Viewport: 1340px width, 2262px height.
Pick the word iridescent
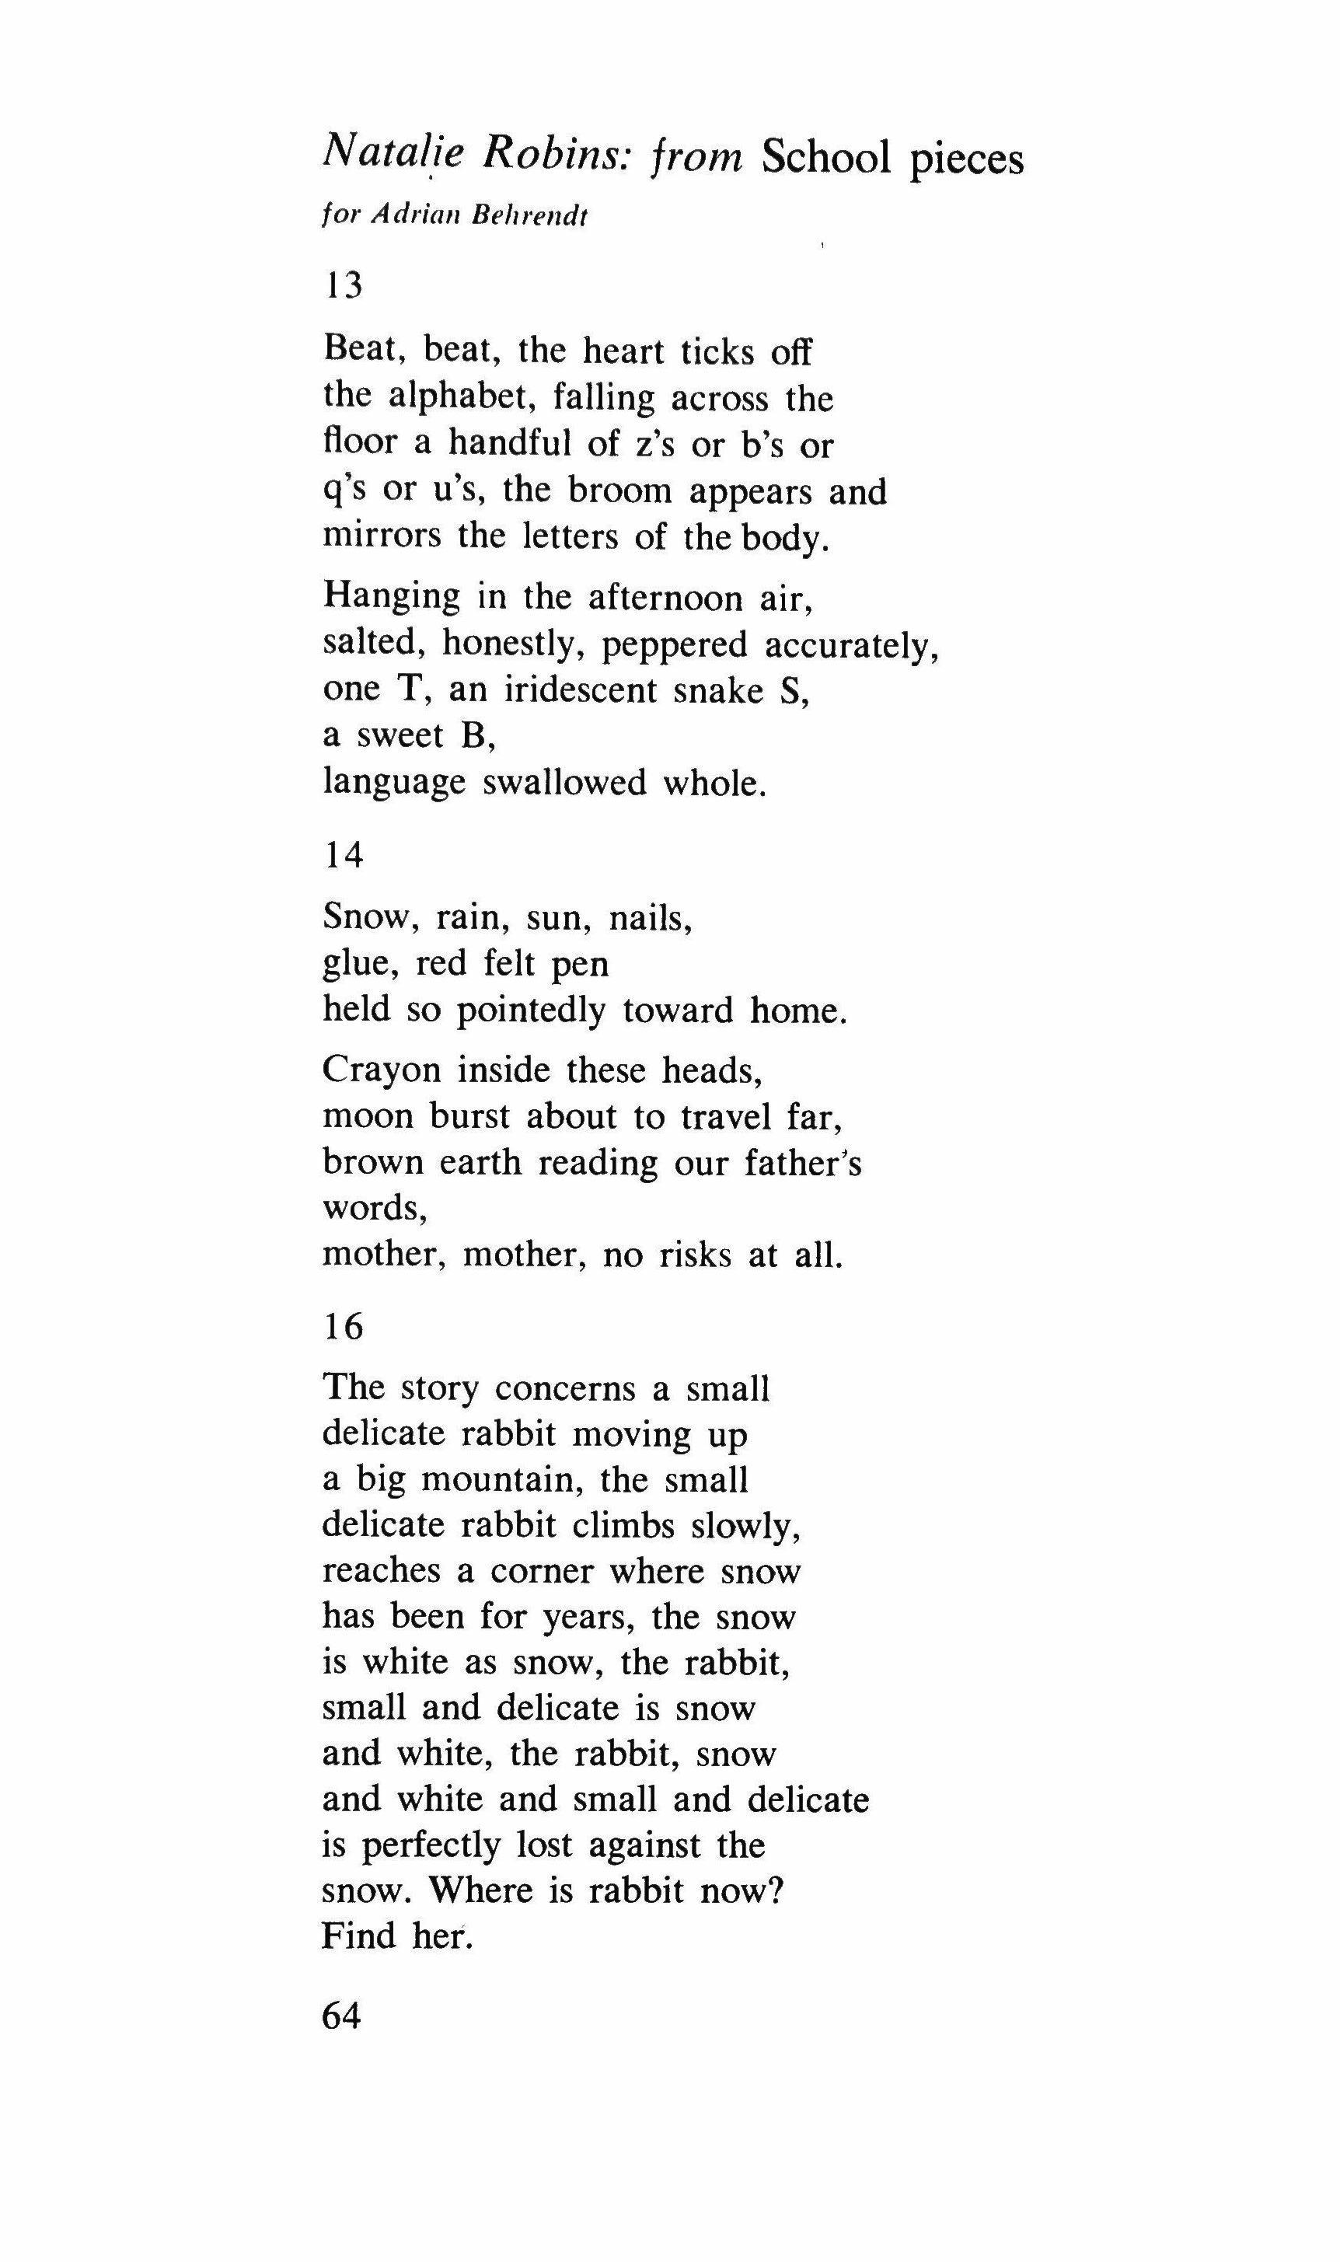tap(580, 690)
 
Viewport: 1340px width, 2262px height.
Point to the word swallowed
tap(564, 782)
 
